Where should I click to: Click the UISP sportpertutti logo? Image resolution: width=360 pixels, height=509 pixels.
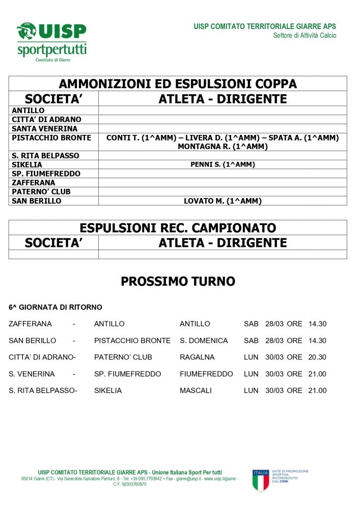(51, 42)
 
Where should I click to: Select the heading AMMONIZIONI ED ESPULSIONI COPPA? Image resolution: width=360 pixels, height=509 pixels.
(178, 84)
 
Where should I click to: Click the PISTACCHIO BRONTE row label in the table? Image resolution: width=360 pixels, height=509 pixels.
(51, 137)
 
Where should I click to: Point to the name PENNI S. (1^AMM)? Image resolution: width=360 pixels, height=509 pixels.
(223, 164)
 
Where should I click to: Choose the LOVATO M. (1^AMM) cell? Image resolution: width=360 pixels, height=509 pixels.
(223, 201)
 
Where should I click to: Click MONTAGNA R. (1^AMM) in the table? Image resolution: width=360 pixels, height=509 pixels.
(223, 147)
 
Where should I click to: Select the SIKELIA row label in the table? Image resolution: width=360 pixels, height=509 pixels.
(27, 164)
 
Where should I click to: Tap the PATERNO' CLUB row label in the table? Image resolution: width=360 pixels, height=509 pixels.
(41, 192)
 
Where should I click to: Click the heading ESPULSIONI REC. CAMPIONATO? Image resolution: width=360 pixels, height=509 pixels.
(178, 228)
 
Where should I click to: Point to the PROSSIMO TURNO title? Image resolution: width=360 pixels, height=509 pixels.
(178, 281)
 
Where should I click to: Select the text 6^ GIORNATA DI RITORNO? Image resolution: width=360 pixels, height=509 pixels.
(56, 307)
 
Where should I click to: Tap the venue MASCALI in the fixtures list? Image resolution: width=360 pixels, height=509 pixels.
(196, 391)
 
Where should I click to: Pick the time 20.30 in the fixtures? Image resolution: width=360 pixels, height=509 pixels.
(317, 357)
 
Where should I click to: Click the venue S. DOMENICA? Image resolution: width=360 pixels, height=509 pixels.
(204, 341)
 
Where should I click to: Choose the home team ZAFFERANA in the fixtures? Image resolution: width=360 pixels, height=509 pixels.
(30, 324)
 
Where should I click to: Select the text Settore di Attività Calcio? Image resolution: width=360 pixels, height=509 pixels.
(304, 36)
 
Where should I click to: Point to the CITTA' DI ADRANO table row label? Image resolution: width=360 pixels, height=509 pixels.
(46, 119)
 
